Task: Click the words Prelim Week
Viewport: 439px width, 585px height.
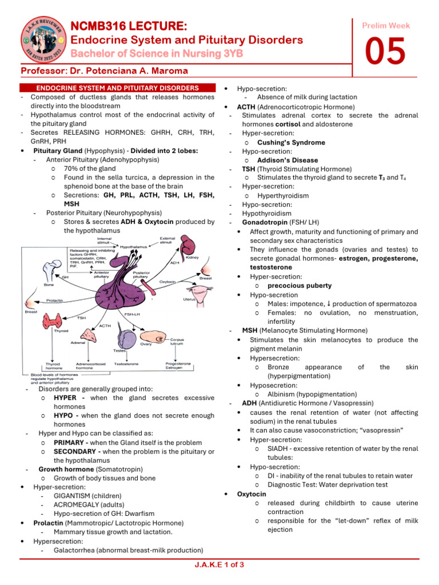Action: (x=386, y=26)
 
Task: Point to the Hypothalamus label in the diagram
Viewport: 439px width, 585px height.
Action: (x=133, y=246)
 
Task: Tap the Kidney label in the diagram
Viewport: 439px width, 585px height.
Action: (x=191, y=258)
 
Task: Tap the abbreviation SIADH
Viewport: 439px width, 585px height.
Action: (x=277, y=448)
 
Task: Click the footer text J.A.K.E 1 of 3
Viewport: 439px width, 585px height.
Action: (x=219, y=565)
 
